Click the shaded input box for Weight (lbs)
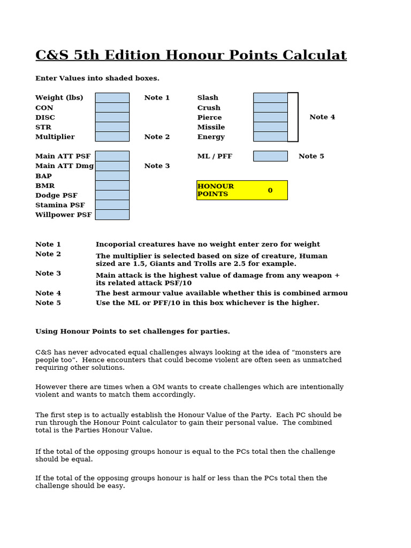click(x=112, y=97)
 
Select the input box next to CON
click(x=112, y=108)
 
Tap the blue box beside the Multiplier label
click(x=112, y=136)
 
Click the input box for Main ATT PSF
click(x=112, y=156)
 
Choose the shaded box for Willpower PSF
click(x=112, y=215)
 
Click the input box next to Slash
click(x=270, y=97)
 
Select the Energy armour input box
click(x=270, y=136)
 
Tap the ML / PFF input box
click(x=270, y=156)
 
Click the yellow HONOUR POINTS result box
click(x=242, y=190)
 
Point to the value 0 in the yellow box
click(x=270, y=190)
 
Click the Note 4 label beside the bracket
click(x=322, y=117)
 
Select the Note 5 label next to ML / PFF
click(x=311, y=156)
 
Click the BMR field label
click(x=45, y=186)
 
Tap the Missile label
click(x=211, y=127)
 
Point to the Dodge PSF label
click(x=56, y=195)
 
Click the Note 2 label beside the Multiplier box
click(x=157, y=137)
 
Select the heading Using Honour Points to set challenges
click(x=133, y=331)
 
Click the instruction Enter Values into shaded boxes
click(x=97, y=78)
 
